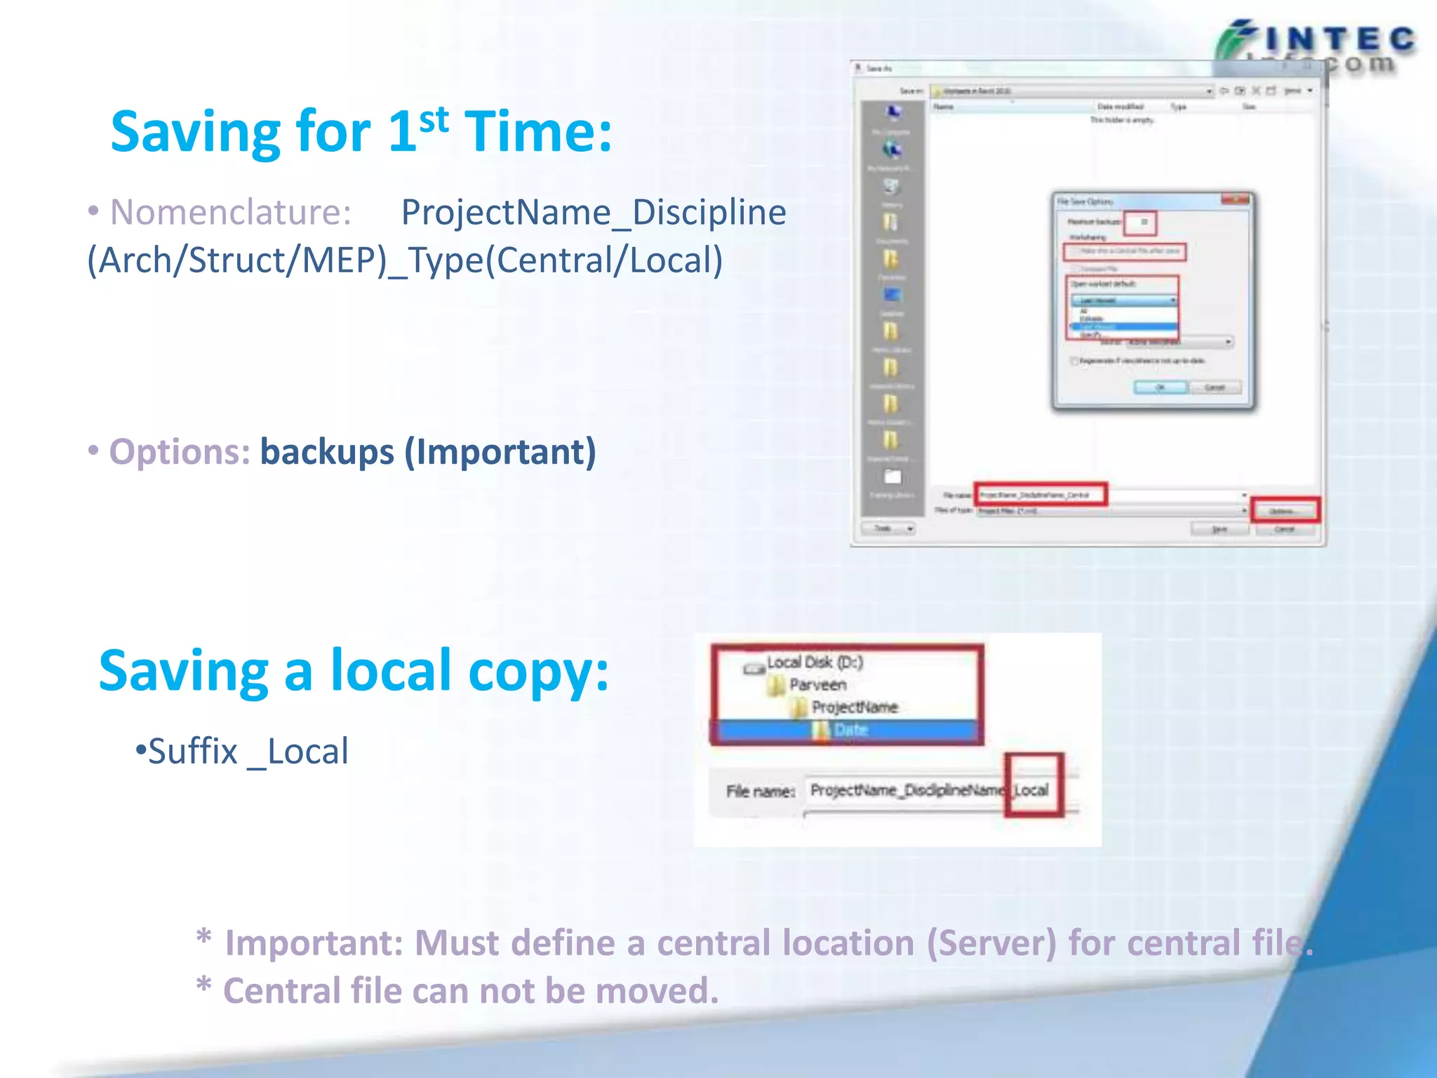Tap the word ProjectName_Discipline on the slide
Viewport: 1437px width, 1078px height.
(x=593, y=213)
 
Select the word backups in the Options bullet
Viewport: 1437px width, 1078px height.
(x=327, y=452)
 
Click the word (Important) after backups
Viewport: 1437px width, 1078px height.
(x=500, y=452)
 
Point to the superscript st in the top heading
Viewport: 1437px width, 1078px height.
(x=434, y=119)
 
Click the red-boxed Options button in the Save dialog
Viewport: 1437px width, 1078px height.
(x=1285, y=511)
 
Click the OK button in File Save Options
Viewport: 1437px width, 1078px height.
(x=1160, y=387)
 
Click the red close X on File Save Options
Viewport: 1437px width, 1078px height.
(x=1234, y=200)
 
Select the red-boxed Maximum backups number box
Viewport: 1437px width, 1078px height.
(x=1140, y=222)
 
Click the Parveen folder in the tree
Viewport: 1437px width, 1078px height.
(x=817, y=685)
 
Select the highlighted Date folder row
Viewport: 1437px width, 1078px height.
(x=849, y=731)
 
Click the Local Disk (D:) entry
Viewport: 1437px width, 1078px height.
(x=814, y=663)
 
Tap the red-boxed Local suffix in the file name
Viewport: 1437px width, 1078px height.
(x=1031, y=790)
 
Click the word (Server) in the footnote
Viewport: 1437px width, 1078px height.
(x=991, y=943)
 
